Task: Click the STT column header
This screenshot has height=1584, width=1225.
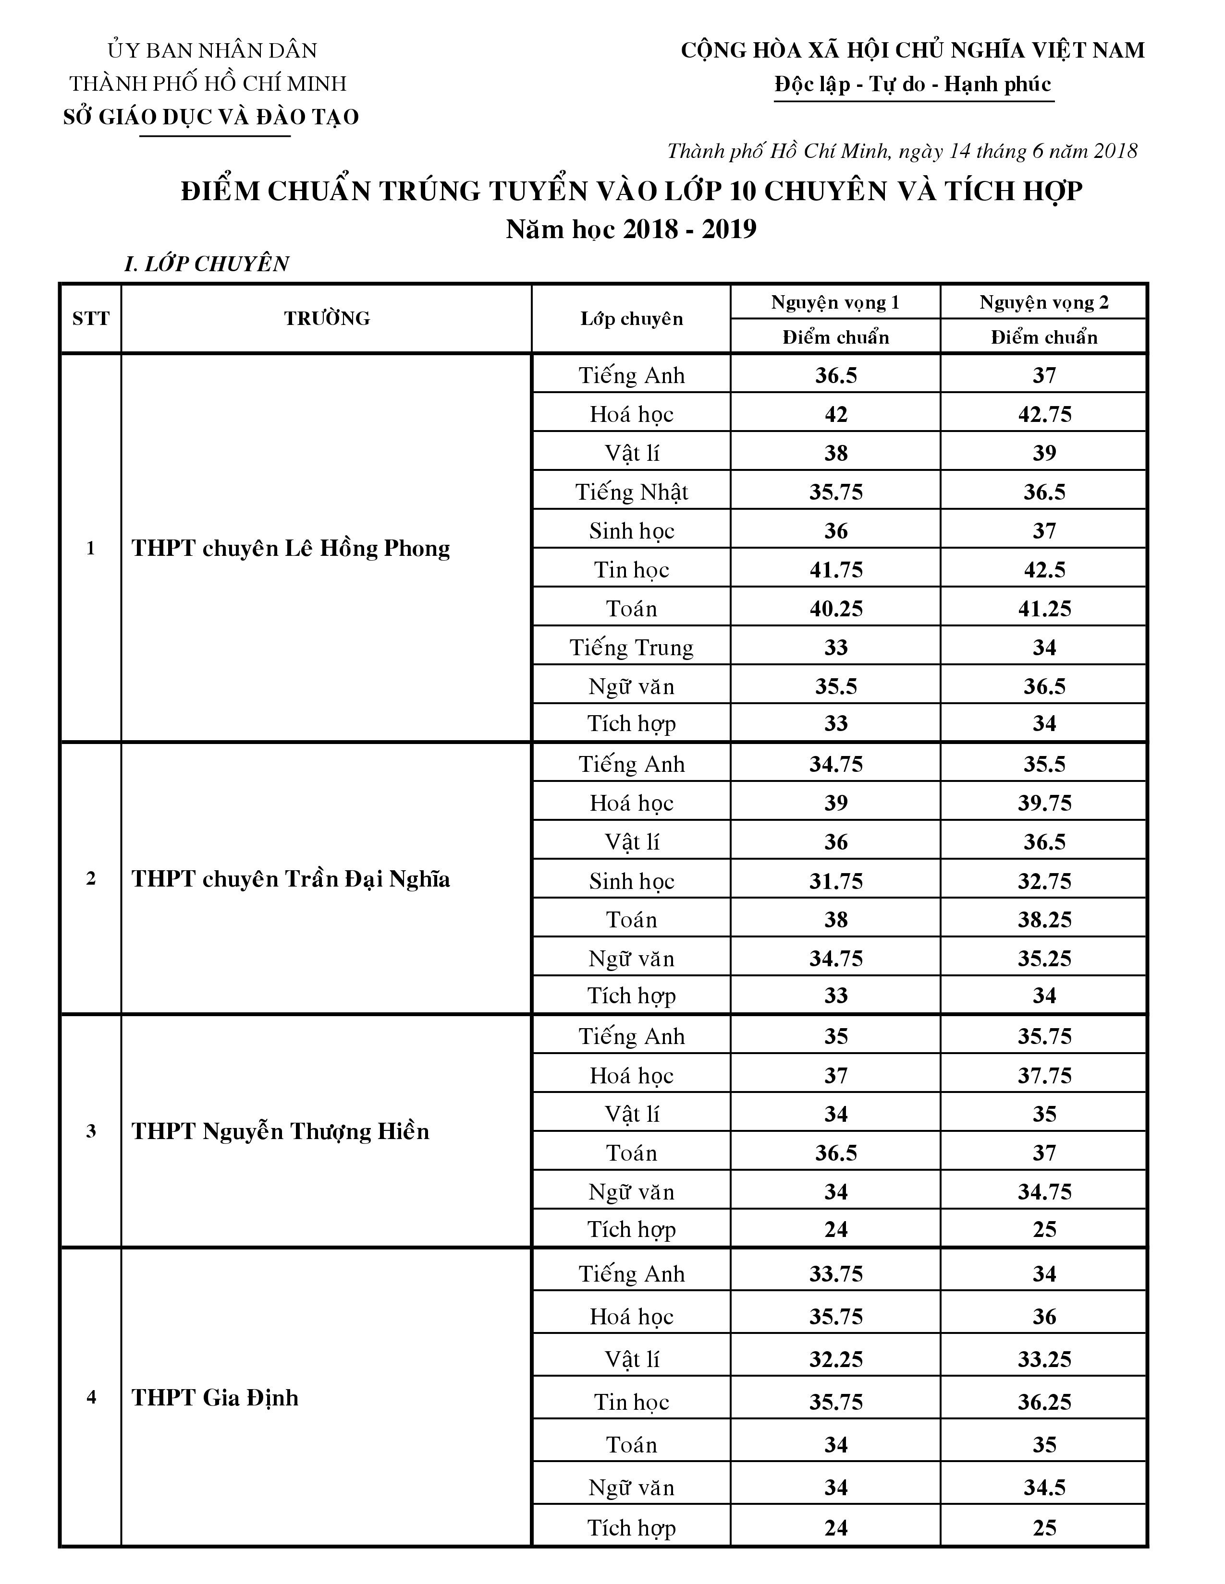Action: (x=91, y=318)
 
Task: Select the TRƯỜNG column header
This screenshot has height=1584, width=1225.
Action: (x=327, y=318)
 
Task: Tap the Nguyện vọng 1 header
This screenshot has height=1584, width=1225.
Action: (x=835, y=302)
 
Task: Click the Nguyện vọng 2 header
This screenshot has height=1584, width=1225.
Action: (x=1043, y=302)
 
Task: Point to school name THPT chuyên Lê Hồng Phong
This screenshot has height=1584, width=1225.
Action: (x=290, y=548)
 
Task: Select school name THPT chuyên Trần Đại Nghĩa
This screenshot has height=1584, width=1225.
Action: (x=290, y=879)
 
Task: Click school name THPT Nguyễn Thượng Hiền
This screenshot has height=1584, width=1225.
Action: (x=280, y=1131)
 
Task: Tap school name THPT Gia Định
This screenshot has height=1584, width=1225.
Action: (x=215, y=1398)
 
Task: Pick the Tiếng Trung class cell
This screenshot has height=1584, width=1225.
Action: (x=631, y=648)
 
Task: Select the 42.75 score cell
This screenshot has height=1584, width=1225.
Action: (x=1043, y=415)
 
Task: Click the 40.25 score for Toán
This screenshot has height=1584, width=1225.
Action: (x=836, y=609)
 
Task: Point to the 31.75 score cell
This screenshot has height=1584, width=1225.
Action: (x=836, y=881)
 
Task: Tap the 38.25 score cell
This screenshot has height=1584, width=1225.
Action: (x=1043, y=920)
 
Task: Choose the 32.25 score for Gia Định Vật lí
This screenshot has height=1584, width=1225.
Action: (x=836, y=1359)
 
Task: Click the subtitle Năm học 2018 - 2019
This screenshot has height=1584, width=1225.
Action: (x=631, y=229)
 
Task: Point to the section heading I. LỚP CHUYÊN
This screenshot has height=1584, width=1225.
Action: (x=207, y=264)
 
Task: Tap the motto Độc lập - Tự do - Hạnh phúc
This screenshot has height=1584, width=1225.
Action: (x=912, y=85)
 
